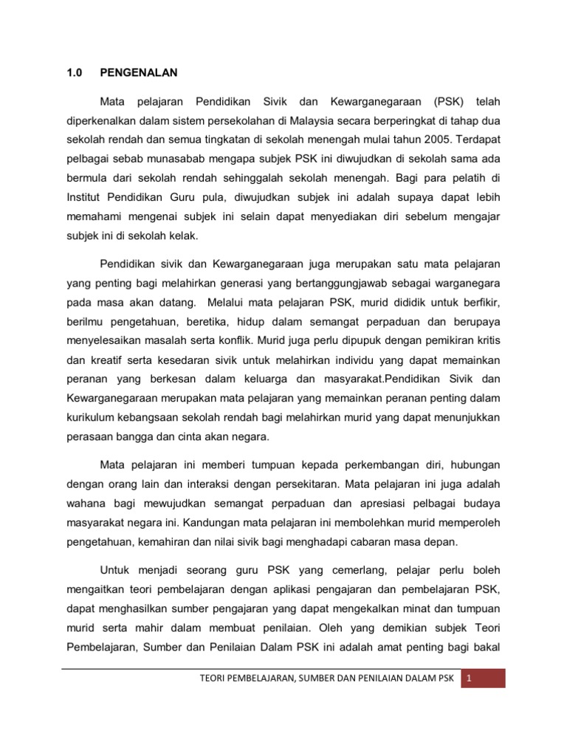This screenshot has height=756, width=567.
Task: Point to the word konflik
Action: pyautogui.click(x=233, y=340)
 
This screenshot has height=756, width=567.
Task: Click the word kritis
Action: pyautogui.click(x=484, y=340)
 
